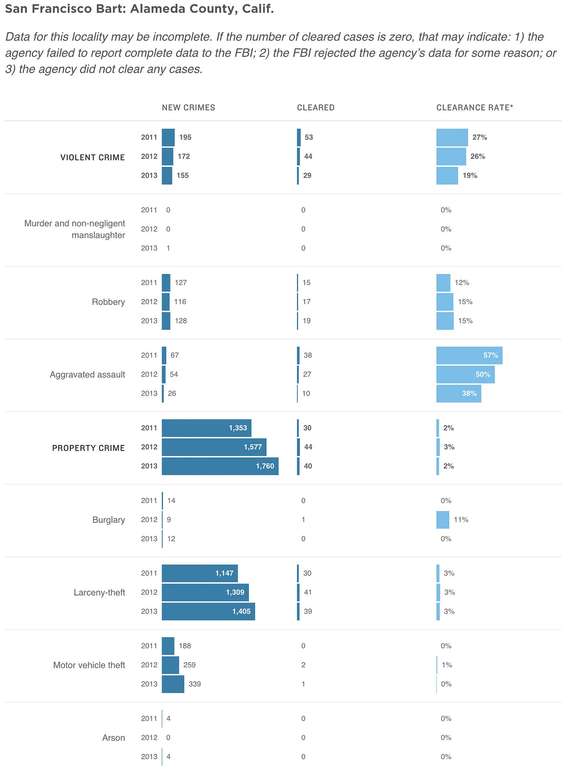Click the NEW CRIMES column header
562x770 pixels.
pos(188,108)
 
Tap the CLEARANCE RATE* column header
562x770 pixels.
pos(474,108)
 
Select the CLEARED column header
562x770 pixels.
pos(316,108)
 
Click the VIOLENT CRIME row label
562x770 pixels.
pos(93,157)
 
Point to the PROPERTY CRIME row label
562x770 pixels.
pos(88,448)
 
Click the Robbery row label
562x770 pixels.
pos(108,302)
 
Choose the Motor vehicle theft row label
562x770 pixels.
pos(89,665)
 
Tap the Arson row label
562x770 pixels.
pos(114,737)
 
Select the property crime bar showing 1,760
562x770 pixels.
pos(220,466)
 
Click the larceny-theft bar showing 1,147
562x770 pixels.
pos(200,573)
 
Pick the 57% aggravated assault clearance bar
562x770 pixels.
pos(469,355)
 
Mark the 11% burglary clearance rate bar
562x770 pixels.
pos(443,520)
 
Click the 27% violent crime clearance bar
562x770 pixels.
pos(452,137)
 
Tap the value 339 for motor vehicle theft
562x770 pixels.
pos(195,684)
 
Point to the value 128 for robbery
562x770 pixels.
pos(181,321)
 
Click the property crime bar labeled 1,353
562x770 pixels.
pos(206,428)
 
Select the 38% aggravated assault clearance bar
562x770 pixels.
pos(458,393)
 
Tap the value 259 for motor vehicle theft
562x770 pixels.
pos(189,665)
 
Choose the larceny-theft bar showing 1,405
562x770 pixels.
pos(208,611)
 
